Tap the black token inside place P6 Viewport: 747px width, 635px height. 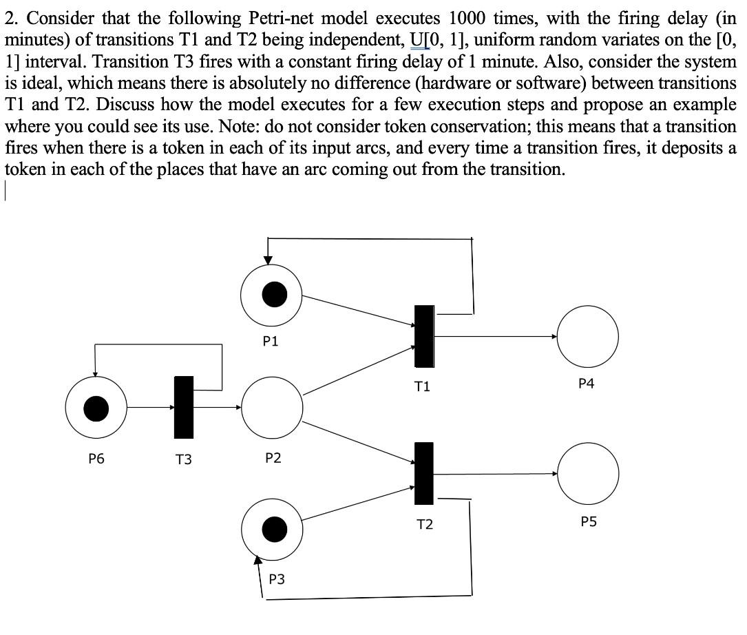(96, 408)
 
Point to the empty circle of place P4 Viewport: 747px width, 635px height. (587, 336)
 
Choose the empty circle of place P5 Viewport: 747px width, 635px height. (587, 473)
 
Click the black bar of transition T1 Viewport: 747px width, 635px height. (424, 336)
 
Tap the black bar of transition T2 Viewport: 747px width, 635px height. (424, 474)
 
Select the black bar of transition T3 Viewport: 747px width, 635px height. (184, 407)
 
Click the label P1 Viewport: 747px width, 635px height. (271, 342)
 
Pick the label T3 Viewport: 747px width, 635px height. (183, 459)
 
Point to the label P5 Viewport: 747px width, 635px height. (588, 522)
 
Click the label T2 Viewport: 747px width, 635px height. (425, 525)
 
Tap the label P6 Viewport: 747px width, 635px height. (96, 458)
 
